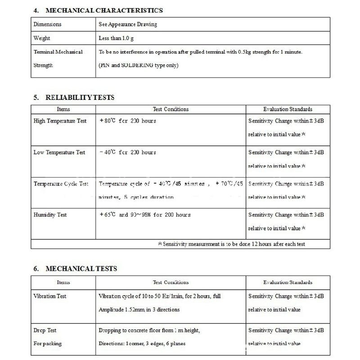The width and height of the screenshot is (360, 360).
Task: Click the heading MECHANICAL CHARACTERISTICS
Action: coord(104,10)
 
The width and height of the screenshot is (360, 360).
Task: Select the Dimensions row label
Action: coord(47,24)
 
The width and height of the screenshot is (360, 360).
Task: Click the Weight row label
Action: coord(42,38)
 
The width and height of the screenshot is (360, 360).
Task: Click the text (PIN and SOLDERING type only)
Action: coord(139,66)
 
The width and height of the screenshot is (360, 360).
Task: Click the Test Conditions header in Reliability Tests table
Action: coord(171,109)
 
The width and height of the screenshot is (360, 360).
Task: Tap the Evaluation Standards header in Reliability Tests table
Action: coord(288,109)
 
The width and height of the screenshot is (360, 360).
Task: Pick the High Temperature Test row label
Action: coord(60,121)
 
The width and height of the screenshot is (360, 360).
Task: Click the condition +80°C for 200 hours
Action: coord(127,121)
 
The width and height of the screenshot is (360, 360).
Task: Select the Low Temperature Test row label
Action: coord(59,153)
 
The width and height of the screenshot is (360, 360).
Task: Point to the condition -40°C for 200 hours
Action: coord(127,153)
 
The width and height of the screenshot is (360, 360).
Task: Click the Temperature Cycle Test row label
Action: coord(61,184)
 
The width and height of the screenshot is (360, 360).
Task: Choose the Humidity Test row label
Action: coord(50,215)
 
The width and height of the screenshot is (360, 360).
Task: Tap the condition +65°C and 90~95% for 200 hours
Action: coord(144,215)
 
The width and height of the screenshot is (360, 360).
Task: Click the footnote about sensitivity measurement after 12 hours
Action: coord(232,244)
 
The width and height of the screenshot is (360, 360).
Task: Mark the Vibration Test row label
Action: coord(50,296)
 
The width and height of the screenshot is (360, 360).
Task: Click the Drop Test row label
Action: coord(45,330)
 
